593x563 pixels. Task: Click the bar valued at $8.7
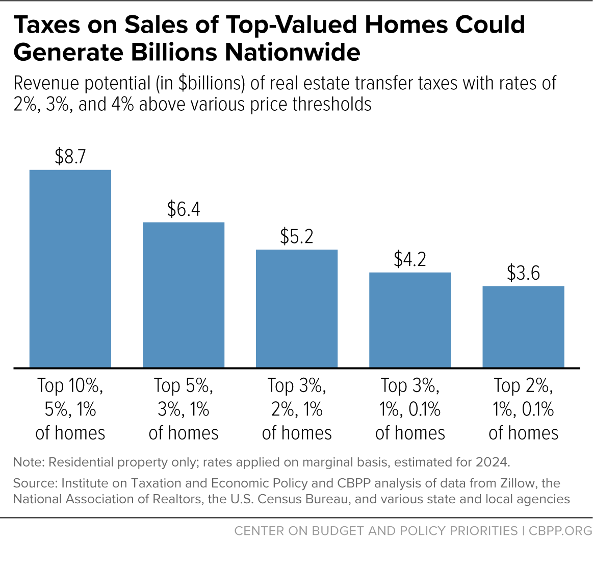70,268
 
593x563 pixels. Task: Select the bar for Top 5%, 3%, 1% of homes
184,295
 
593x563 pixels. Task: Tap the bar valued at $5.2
297,308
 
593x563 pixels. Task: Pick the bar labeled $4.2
410,320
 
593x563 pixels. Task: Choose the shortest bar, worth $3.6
523,327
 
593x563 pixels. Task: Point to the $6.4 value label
184,210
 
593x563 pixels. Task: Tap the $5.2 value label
297,237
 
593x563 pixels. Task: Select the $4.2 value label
410,260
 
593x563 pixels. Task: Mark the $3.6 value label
523,274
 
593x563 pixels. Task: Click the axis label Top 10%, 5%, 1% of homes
70,409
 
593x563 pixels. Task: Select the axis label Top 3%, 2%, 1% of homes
297,409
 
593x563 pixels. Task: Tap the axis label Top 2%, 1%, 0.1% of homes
523,409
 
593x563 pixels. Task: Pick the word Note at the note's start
28,462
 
